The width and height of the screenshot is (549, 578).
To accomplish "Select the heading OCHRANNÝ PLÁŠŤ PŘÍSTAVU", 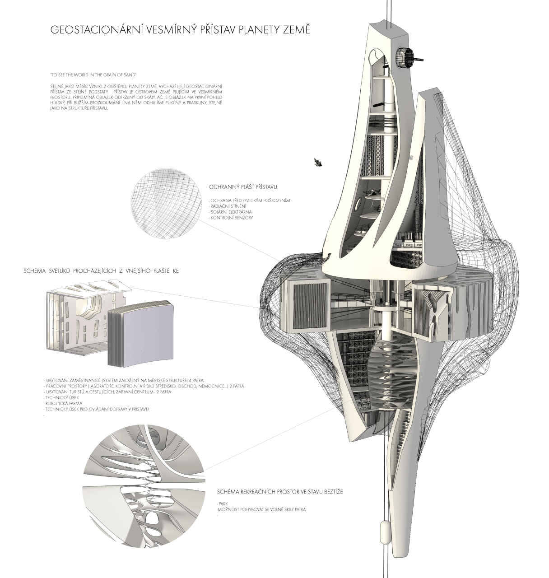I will (x=244, y=187).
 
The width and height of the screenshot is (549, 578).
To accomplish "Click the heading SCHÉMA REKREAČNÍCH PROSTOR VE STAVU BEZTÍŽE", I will (x=279, y=492).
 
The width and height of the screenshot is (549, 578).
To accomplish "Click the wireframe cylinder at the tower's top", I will (x=405, y=56).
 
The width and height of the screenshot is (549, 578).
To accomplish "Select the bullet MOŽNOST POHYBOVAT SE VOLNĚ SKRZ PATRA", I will (x=261, y=509).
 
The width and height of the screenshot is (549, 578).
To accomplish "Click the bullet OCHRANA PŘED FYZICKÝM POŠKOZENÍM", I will (x=249, y=200).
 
